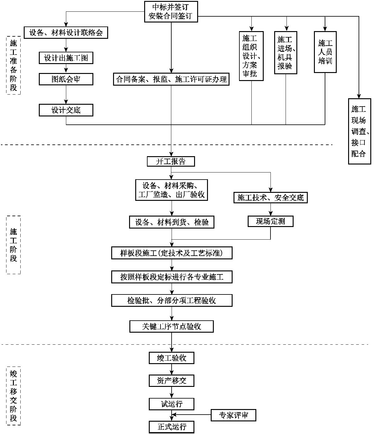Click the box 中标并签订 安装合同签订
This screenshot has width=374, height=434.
tap(171, 11)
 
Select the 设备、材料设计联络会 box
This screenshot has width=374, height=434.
tap(66, 32)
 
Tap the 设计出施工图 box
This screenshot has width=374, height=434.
tap(66, 58)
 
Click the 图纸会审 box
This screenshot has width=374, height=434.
tap(66, 79)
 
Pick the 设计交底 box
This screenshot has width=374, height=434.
tap(66, 110)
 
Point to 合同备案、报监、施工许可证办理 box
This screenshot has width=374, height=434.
tap(171, 79)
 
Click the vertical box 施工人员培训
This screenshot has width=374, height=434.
tap(325, 52)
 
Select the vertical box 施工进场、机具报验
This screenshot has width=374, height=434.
tap(286, 53)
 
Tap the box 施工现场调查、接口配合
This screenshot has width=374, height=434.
tap(359, 131)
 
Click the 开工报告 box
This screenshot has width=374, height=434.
tap(171, 161)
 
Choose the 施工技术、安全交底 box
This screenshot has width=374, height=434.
tap(270, 197)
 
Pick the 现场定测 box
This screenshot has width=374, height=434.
tap(270, 221)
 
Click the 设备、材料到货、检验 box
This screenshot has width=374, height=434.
tap(172, 222)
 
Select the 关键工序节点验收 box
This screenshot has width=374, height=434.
tap(172, 327)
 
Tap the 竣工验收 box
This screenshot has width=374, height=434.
tap(172, 358)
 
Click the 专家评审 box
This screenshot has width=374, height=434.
tap(234, 415)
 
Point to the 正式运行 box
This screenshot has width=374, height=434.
tap(172, 427)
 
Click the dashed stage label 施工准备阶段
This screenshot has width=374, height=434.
tap(14, 65)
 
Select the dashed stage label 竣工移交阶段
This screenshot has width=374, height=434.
tap(14, 396)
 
